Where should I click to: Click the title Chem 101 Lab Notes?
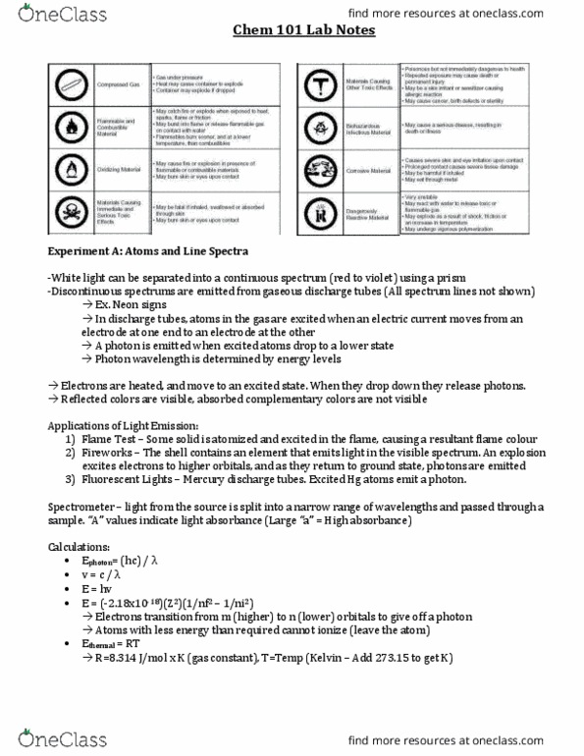[x=292, y=30]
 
